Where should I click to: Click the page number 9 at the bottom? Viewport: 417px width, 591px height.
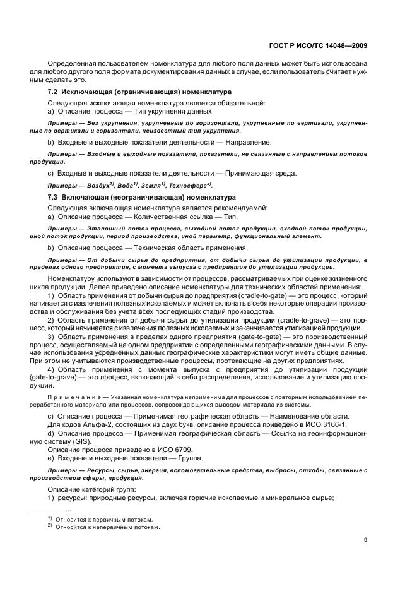pos(366,539)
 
